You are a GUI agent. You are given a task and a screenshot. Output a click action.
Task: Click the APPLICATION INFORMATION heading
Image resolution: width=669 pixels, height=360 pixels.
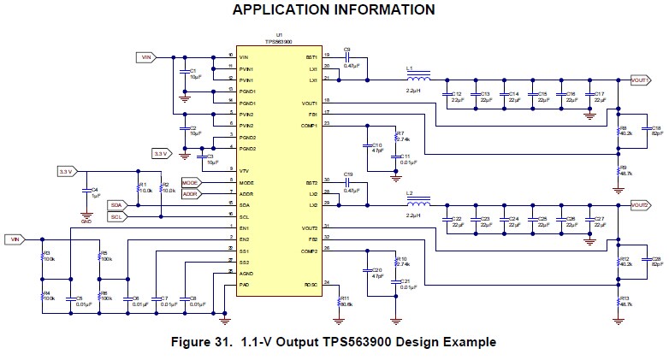click(334, 10)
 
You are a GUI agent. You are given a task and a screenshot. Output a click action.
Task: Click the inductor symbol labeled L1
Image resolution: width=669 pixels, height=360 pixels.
click(418, 78)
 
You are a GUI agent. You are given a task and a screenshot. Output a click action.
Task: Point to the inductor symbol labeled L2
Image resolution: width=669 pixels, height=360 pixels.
click(418, 204)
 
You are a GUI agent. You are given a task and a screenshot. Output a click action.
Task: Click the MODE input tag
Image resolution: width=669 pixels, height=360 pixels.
click(190, 183)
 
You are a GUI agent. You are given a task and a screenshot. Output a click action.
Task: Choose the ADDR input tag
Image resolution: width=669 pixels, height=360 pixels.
click(190, 194)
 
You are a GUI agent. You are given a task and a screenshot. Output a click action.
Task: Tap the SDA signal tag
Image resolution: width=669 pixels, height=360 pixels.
click(117, 205)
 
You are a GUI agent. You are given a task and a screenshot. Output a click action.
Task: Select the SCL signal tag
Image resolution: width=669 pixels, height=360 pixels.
click(117, 217)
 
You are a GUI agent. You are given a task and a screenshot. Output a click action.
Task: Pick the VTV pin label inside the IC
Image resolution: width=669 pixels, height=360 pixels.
click(245, 171)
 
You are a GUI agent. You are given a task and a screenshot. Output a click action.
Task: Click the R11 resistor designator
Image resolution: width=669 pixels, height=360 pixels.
click(346, 297)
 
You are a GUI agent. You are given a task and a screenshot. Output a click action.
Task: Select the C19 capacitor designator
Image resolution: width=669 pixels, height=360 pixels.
click(347, 174)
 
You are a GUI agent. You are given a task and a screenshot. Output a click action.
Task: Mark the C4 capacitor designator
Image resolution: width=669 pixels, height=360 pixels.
click(95, 189)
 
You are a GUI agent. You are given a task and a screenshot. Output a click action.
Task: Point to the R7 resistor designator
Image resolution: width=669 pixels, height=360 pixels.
click(400, 133)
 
